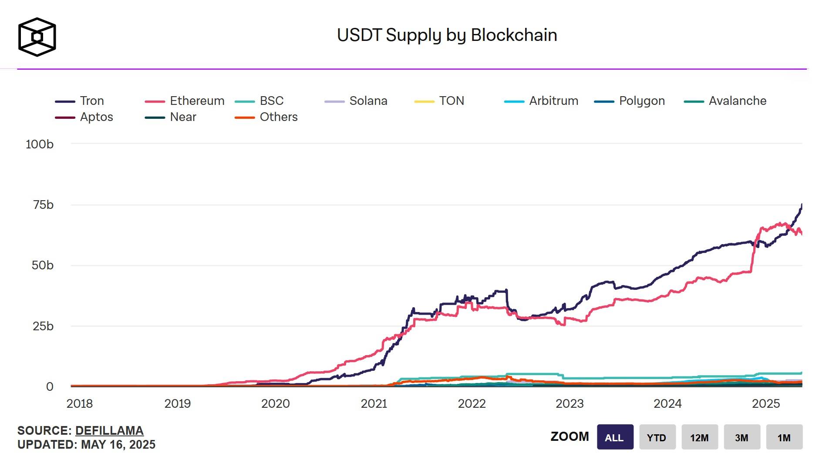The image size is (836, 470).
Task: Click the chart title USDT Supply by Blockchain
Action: pyautogui.click(x=447, y=35)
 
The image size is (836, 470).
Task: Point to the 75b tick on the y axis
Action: pyautogui.click(x=43, y=205)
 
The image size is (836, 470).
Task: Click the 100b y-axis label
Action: pyautogui.click(x=40, y=144)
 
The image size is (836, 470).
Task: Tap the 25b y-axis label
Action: pyautogui.click(x=43, y=326)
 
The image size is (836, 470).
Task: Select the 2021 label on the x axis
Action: pyautogui.click(x=374, y=404)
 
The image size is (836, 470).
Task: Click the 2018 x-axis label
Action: pyautogui.click(x=80, y=404)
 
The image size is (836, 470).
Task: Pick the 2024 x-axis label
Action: pyautogui.click(x=667, y=404)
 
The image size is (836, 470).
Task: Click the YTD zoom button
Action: pyautogui.click(x=657, y=437)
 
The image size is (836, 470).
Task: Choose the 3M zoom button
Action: pyautogui.click(x=742, y=437)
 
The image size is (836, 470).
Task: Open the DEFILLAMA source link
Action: pyautogui.click(x=109, y=431)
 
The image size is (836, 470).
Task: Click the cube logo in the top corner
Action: pyautogui.click(x=37, y=37)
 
